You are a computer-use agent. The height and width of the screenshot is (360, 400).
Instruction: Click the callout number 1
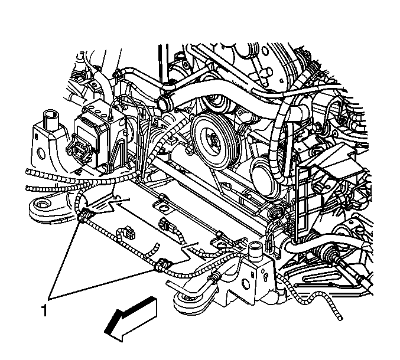click(x=44, y=310)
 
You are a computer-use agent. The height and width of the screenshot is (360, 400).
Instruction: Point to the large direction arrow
click(x=130, y=319)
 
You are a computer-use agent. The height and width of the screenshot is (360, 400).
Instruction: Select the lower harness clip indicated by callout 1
click(x=162, y=265)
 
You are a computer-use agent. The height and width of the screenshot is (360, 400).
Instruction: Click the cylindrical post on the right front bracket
click(x=256, y=251)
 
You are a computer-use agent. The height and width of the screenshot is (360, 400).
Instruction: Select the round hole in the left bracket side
click(x=41, y=153)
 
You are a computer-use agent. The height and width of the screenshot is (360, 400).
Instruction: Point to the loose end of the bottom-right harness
click(x=340, y=318)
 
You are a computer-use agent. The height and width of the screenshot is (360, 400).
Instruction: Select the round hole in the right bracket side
click(x=246, y=284)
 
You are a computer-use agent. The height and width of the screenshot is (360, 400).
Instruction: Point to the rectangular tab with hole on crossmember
click(x=161, y=207)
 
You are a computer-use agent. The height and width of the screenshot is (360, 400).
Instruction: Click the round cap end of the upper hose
click(x=162, y=104)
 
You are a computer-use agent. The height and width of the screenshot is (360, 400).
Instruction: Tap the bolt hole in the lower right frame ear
click(x=181, y=298)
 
